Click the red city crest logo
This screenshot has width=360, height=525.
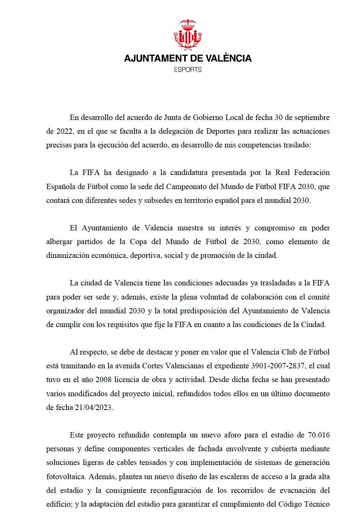coord(188,35)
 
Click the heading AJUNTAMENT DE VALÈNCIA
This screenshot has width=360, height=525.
coord(188,58)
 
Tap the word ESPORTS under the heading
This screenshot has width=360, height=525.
coord(188,70)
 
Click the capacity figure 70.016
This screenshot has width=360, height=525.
coord(318,435)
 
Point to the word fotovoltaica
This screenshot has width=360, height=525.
coord(65,477)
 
